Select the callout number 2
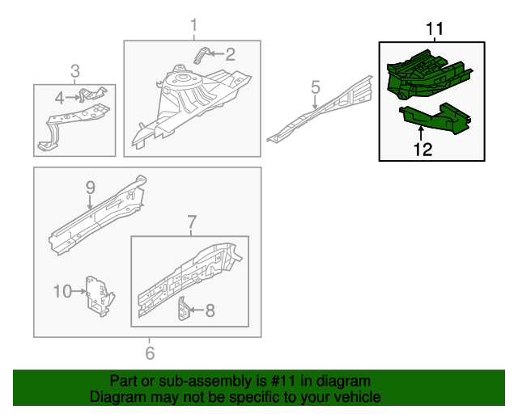point(230,55)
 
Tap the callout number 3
point(74,71)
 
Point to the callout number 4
point(59,98)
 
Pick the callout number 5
point(316,87)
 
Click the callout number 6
point(149,353)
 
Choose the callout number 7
point(192,221)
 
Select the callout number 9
point(90,188)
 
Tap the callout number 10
point(63,290)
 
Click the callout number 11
point(435,29)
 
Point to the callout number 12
point(422,148)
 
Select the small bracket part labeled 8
point(185,309)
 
